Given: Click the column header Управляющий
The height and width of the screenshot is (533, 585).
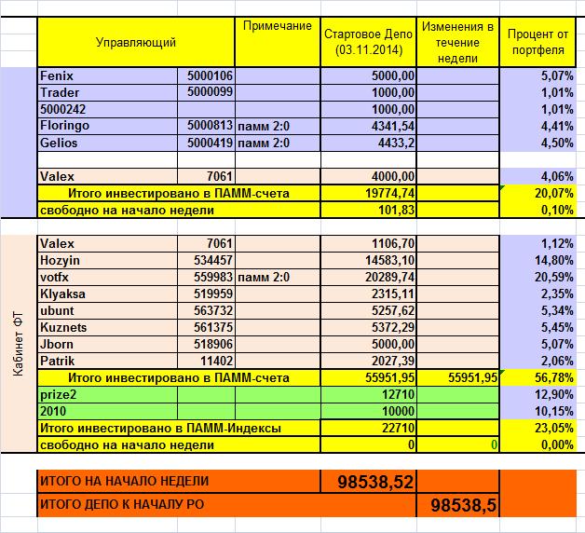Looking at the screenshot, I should [135, 42].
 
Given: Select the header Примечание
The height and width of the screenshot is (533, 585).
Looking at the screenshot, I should [277, 26].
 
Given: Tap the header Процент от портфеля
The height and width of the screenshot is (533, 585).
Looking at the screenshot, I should [540, 42].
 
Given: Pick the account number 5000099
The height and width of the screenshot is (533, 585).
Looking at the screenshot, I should [210, 92].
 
